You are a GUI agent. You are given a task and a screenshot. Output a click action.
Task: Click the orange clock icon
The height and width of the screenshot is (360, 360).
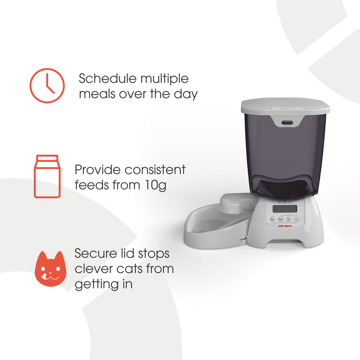47,86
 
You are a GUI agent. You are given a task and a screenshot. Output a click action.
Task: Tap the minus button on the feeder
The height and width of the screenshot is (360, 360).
297,219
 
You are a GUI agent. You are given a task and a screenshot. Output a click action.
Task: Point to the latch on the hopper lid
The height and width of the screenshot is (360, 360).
287,122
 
